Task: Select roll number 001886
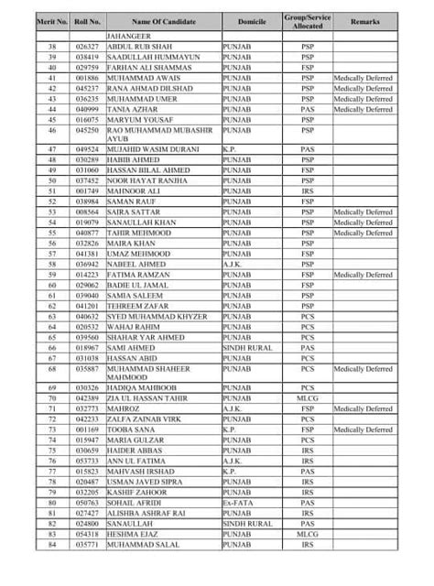88,78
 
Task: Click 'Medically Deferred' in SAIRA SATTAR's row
363,212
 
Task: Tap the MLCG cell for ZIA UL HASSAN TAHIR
308,398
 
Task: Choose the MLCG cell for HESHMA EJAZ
308,534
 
